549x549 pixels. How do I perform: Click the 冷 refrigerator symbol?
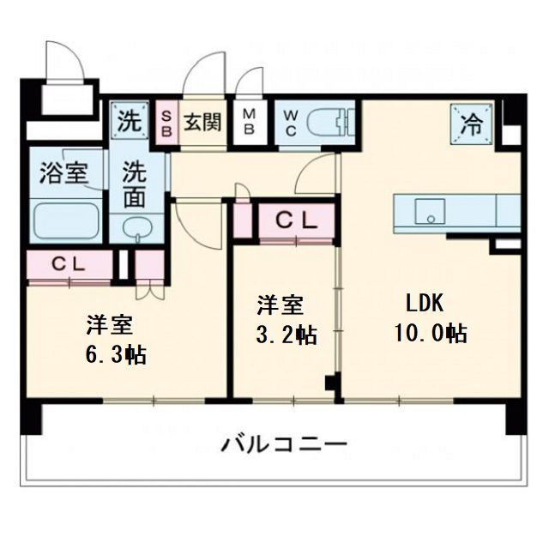click(x=470, y=123)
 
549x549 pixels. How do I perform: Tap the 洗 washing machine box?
click(x=127, y=121)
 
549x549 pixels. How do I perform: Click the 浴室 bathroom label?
click(x=63, y=172)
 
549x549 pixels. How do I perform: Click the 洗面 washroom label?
click(x=135, y=184)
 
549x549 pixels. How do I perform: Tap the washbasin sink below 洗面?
click(x=136, y=228)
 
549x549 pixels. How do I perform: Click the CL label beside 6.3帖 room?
click(x=67, y=264)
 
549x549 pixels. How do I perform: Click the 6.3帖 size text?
click(x=115, y=353)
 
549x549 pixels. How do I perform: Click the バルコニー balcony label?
click(x=284, y=446)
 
